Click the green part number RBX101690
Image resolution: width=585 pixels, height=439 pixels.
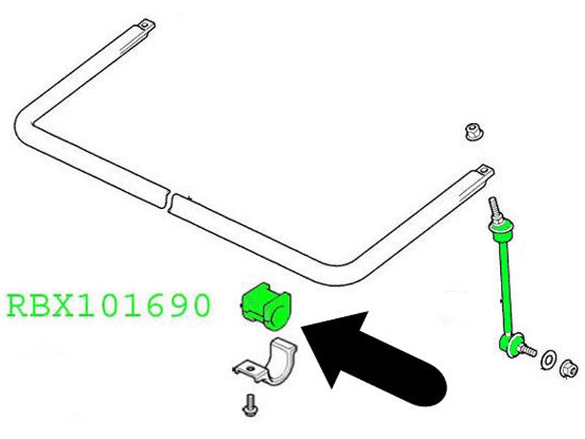point(109,305)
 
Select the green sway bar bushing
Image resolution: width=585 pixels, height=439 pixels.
point(265,307)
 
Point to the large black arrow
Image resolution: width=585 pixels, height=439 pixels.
point(373,359)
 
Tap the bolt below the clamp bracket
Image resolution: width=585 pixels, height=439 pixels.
point(249,405)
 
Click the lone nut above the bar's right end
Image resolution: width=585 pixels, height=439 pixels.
point(472,132)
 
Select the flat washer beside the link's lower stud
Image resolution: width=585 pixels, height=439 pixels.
point(548,360)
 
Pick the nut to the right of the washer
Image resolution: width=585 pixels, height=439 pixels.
point(570,369)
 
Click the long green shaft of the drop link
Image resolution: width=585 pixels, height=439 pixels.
point(505,284)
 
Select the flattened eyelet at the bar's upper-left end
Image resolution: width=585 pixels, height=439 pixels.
point(146,26)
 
